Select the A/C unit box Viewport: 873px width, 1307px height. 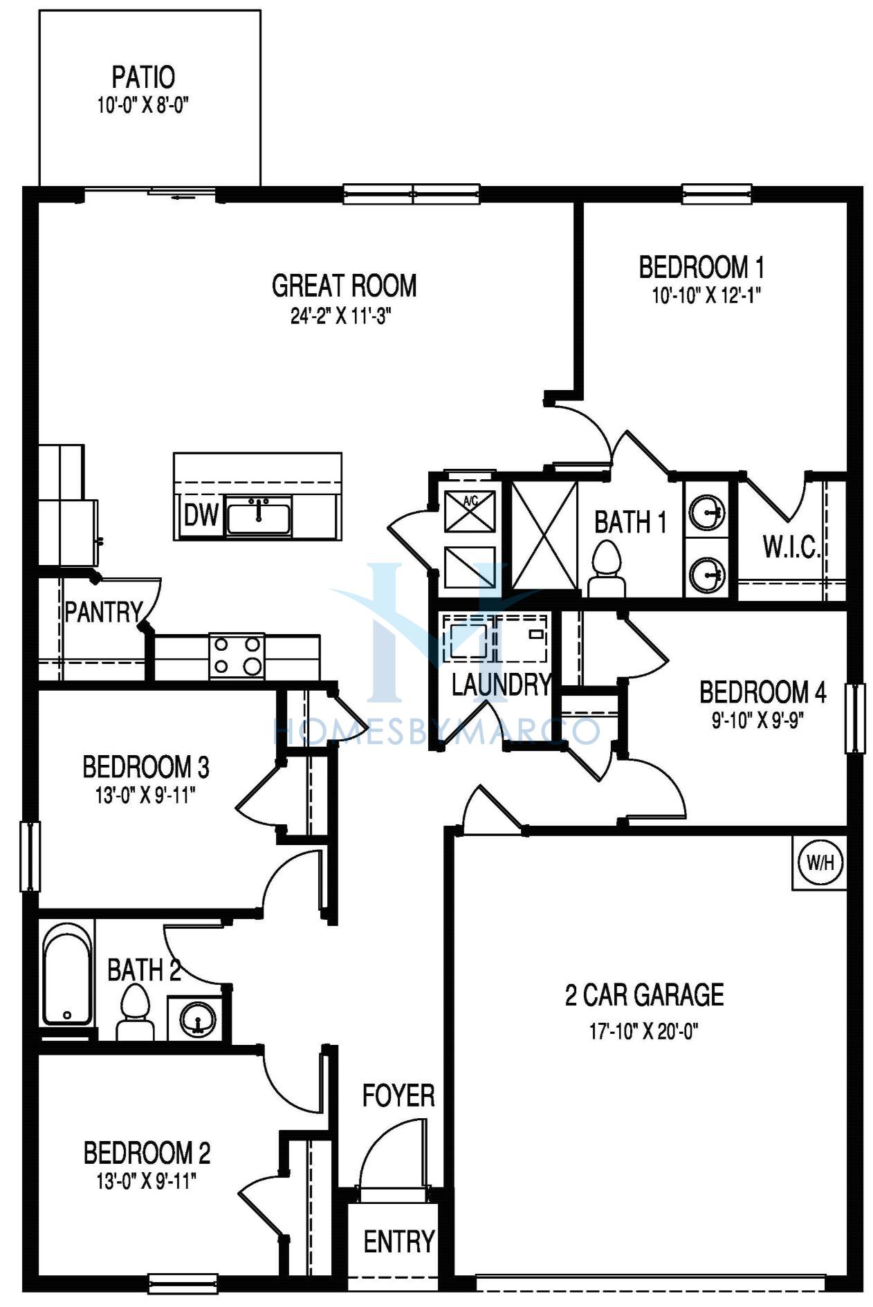(x=470, y=510)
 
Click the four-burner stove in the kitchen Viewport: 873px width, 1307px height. (x=237, y=656)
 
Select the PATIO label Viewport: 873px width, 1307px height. (x=144, y=77)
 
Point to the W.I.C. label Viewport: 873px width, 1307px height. (x=791, y=547)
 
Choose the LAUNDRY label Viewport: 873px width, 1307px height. (x=502, y=685)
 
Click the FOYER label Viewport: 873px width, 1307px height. (x=398, y=1095)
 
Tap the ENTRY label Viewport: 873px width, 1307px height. (x=399, y=1242)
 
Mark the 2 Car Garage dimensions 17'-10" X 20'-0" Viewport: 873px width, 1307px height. (x=644, y=1032)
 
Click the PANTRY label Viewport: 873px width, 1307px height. (x=104, y=612)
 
